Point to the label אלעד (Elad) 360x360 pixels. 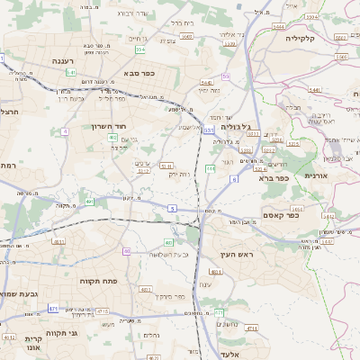coord(226,344)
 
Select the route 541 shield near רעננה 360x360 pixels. coord(70,72)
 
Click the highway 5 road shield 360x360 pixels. coord(171,208)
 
